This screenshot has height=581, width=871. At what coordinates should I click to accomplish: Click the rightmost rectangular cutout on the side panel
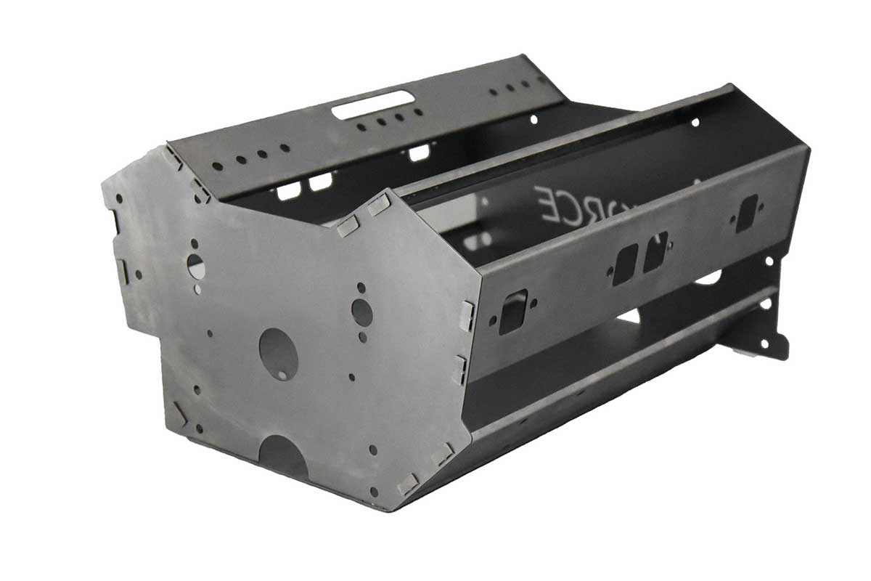click(x=746, y=212)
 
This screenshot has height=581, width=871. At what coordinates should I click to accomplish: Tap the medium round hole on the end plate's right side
click(x=361, y=312)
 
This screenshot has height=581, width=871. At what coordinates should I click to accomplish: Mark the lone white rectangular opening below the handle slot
click(x=419, y=153)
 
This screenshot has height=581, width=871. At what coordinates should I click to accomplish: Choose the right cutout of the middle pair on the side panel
click(x=655, y=251)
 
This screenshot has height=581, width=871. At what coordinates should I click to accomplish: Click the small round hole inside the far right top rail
click(x=695, y=122)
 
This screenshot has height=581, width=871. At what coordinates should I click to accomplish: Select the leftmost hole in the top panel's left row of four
click(x=217, y=166)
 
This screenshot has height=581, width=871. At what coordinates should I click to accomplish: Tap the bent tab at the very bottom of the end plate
click(x=408, y=484)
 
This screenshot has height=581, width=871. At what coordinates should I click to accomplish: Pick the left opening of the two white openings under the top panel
click(x=289, y=190)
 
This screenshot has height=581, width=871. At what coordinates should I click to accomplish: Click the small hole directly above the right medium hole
click(x=361, y=288)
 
